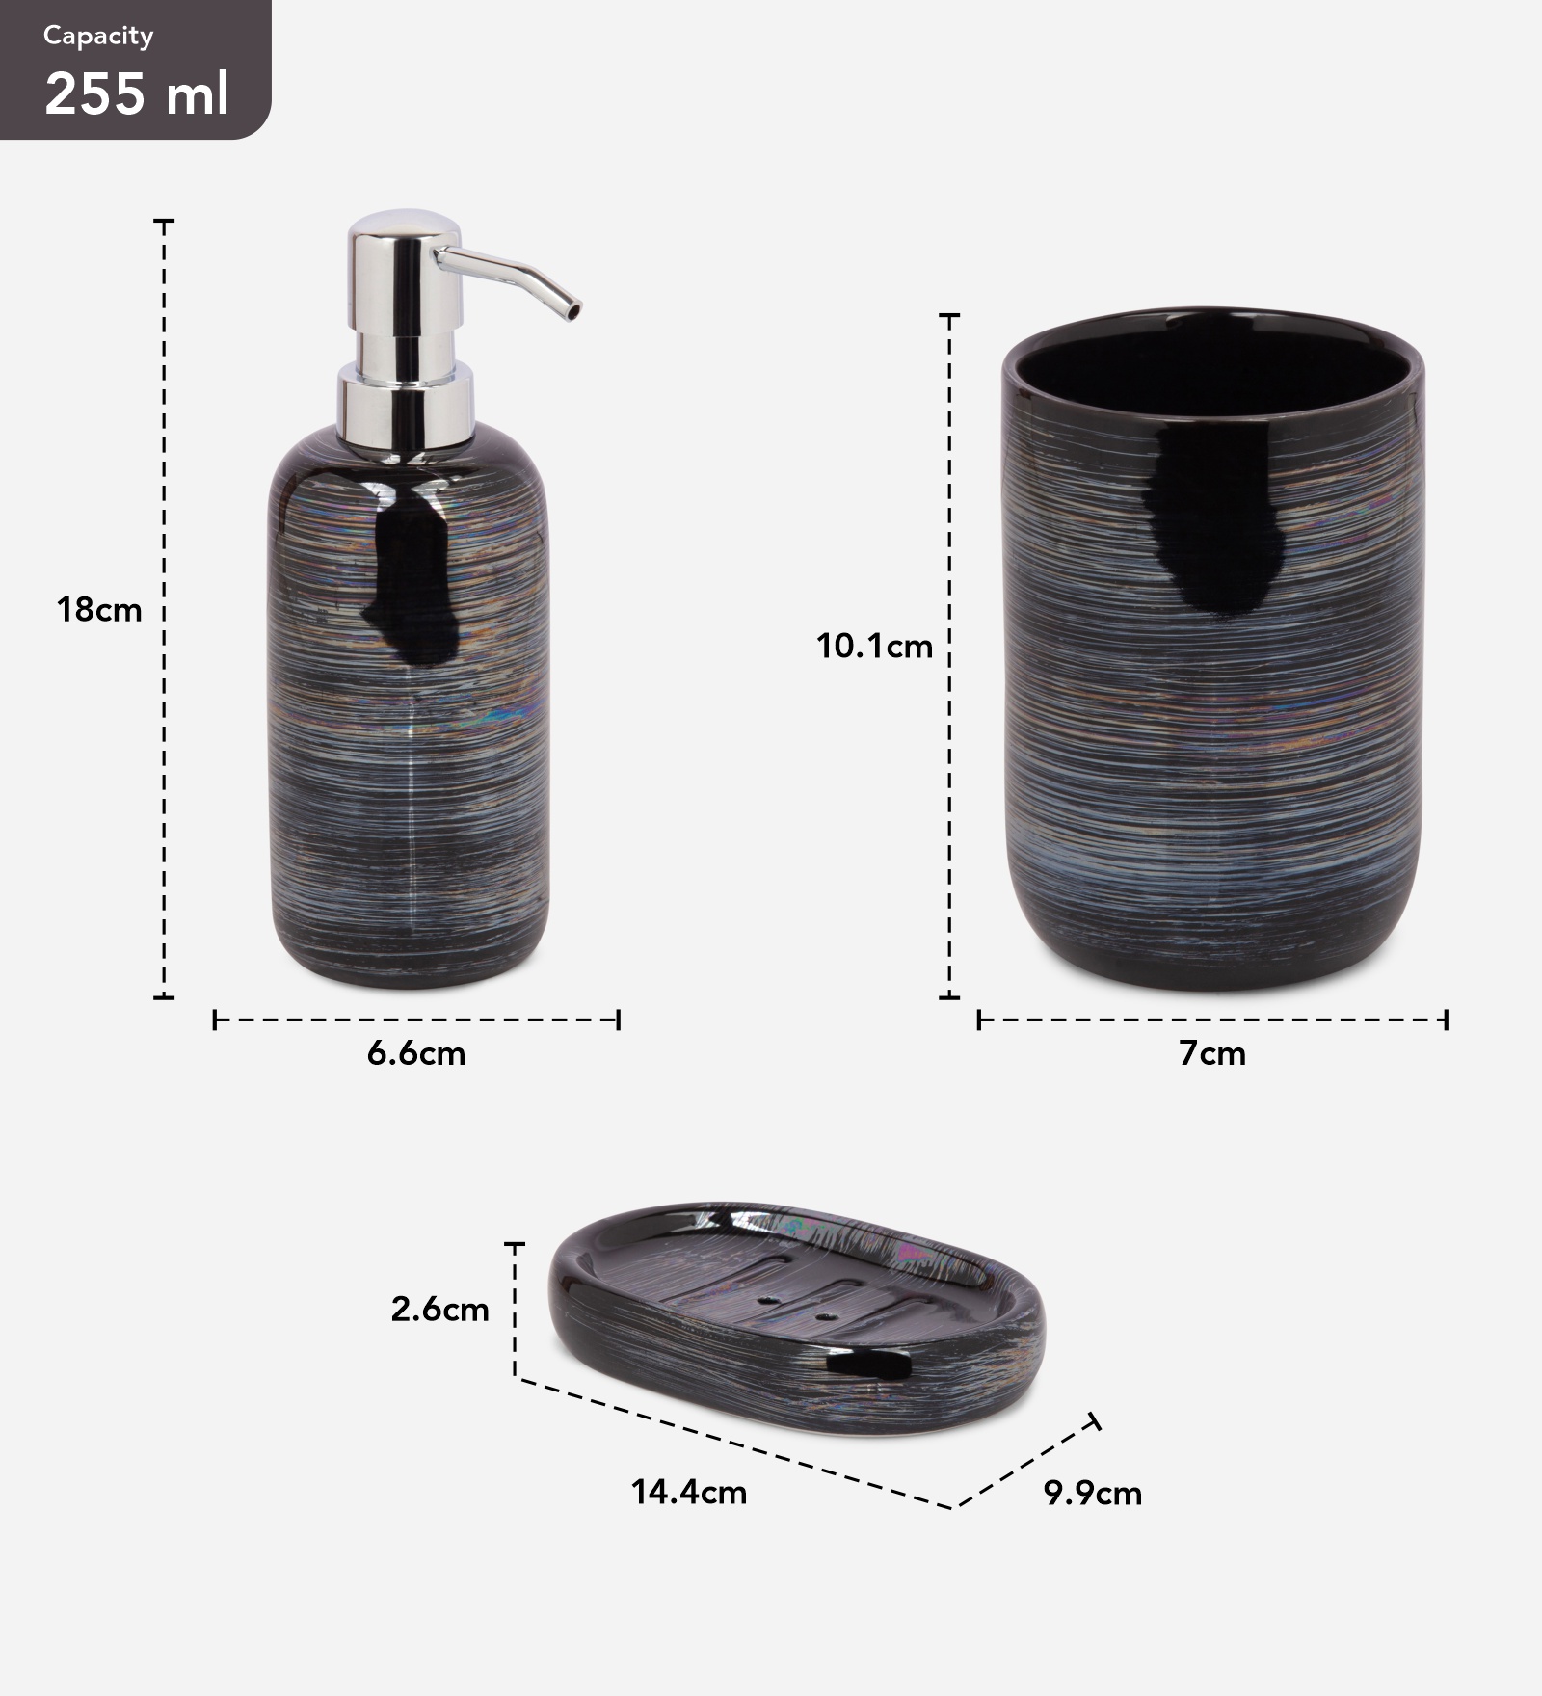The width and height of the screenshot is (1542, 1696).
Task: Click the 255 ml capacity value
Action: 137,94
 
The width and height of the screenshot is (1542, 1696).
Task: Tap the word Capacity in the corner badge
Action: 98,37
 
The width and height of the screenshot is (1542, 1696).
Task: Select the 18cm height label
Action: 98,610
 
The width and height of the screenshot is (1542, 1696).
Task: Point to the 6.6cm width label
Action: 416,1053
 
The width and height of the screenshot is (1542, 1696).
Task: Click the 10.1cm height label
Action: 874,646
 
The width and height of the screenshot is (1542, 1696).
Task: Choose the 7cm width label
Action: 1211,1053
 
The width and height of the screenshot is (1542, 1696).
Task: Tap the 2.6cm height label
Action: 439,1309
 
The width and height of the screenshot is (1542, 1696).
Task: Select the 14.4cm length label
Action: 689,1493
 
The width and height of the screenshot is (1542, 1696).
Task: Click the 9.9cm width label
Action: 1092,1494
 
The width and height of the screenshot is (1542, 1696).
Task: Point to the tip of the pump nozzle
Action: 574,311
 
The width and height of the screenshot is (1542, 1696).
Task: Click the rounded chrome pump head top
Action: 403,225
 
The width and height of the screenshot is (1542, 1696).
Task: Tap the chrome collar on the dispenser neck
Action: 405,405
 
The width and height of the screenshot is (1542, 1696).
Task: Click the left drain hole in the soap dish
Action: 768,1300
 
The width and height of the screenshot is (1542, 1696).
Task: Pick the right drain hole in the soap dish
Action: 824,1314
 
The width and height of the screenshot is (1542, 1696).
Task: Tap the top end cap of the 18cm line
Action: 165,222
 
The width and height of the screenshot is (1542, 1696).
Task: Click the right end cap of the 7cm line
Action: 1446,1020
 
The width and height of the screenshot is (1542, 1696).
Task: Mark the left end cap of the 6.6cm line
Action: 214,1020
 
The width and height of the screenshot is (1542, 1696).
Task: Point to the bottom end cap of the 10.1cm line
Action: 949,997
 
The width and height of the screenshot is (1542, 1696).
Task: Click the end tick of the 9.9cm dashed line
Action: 1093,1422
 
